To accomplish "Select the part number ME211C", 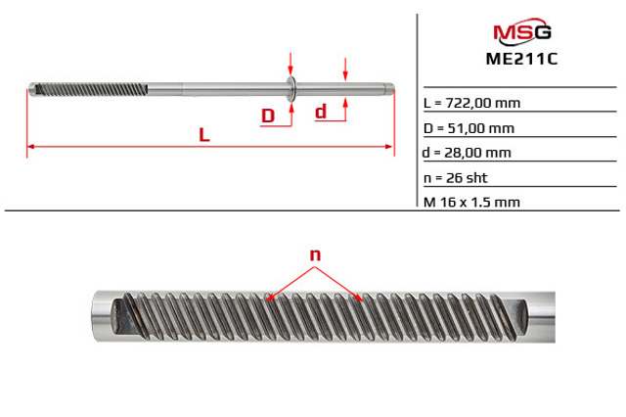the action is pos(521,59).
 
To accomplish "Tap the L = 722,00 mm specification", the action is pos(471,103).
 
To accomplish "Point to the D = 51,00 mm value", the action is pos(469,128).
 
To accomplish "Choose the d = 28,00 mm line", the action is pos(467,153).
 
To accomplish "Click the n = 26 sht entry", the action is pos(456,178).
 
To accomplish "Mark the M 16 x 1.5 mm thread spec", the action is pos(471,202).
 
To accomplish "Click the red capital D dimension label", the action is pos(268,116).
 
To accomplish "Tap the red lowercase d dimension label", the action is pos(321,112).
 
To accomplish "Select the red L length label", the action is pos(204,135).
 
